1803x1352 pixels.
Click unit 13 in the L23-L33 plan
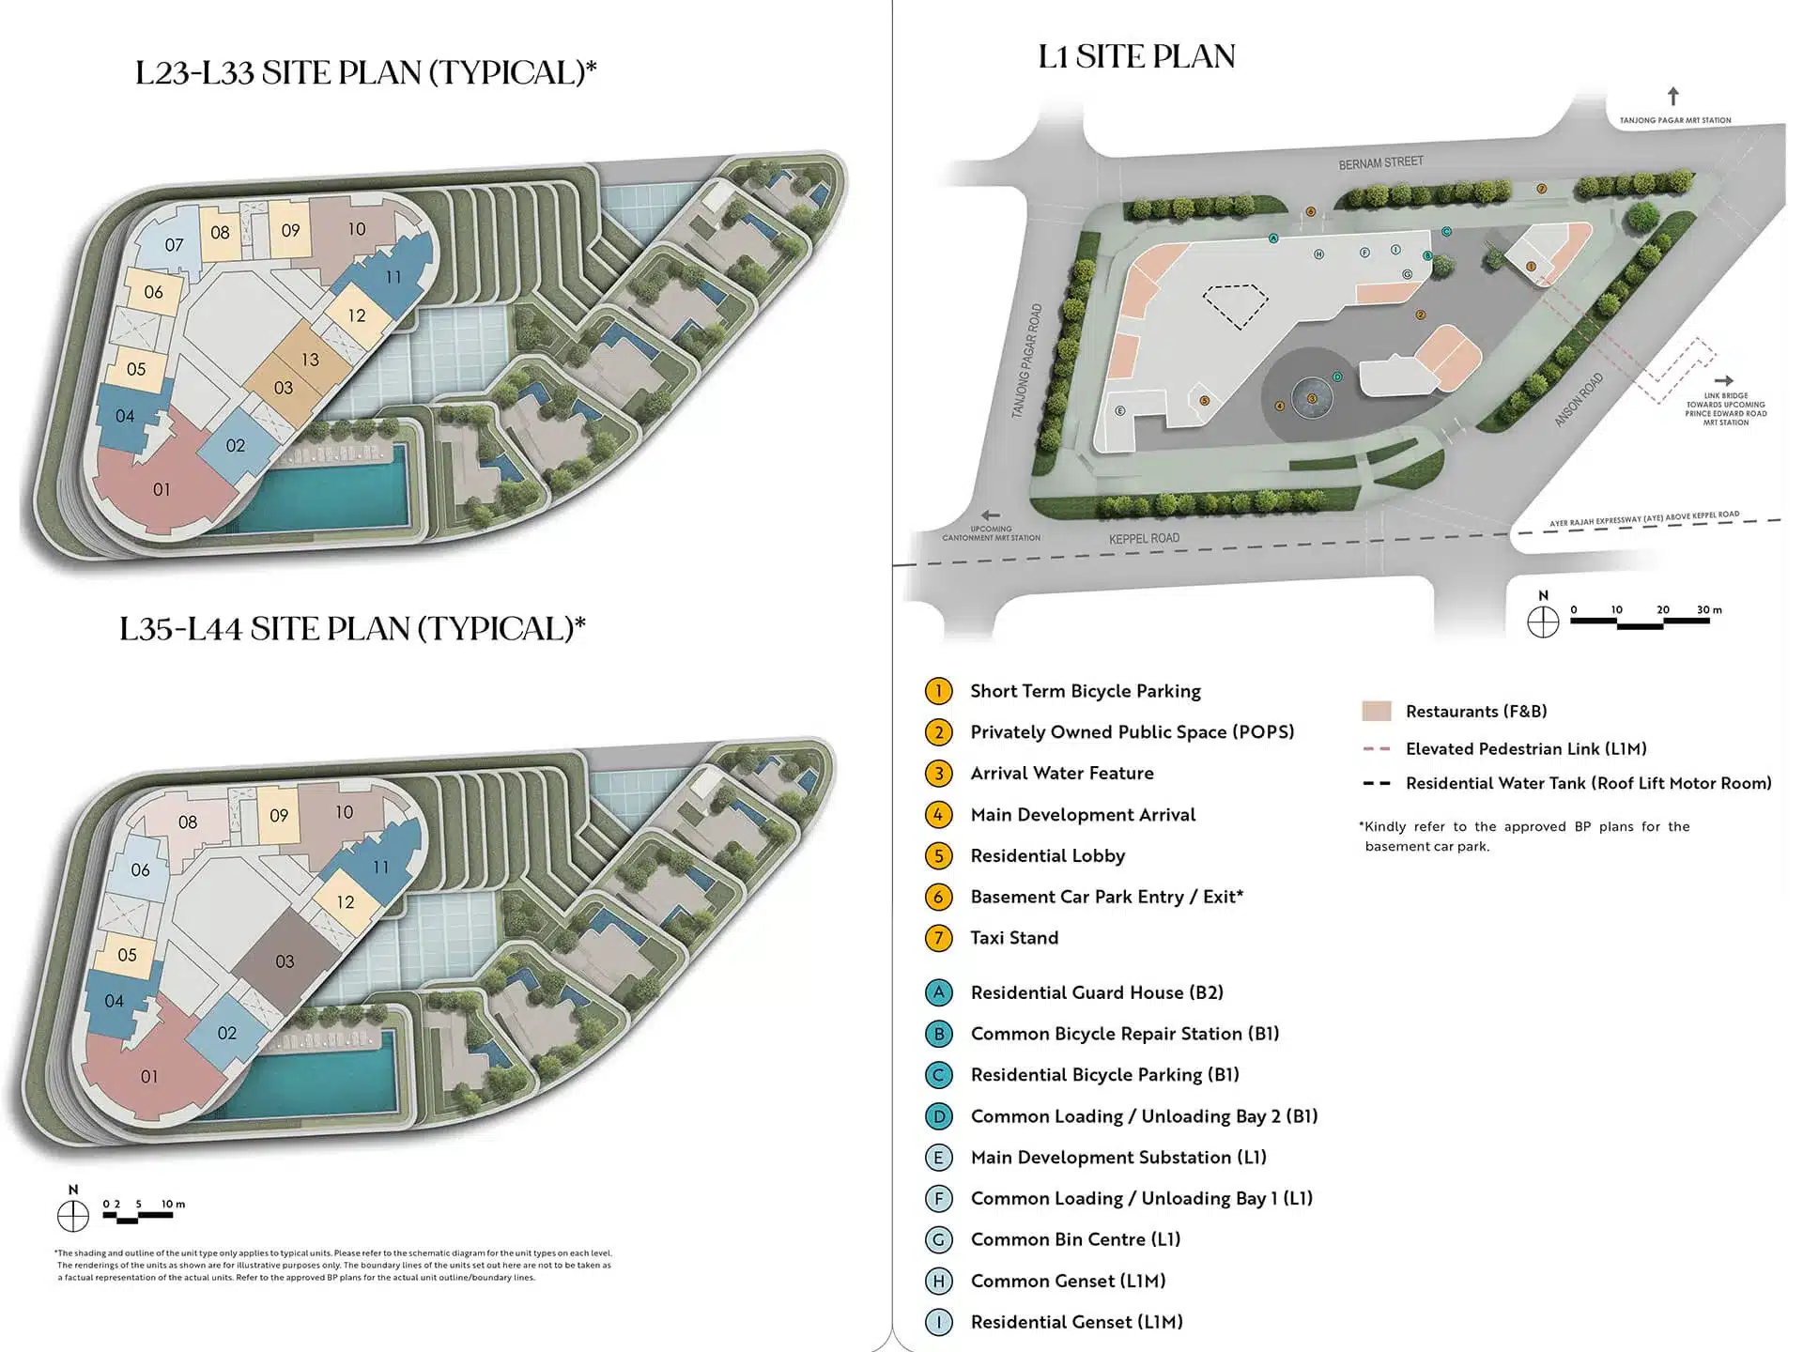click(310, 360)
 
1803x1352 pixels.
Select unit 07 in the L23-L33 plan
click(174, 245)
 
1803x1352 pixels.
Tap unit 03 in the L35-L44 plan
click(285, 961)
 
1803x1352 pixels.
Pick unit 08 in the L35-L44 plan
click(188, 822)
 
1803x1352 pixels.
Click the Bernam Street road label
click(1380, 163)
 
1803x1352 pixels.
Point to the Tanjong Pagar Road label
click(1027, 361)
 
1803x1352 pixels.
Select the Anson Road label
click(1579, 399)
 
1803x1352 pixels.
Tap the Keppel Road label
click(1144, 539)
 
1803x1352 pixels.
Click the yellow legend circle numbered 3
click(938, 774)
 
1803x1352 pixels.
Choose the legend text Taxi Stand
click(1014, 938)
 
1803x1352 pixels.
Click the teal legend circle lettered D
click(938, 1116)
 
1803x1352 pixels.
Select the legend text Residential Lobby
click(1047, 856)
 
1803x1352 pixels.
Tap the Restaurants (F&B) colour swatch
click(1376, 712)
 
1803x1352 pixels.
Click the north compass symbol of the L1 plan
click(1543, 622)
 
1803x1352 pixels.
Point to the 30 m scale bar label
click(1709, 610)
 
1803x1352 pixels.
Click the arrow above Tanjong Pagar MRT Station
click(1672, 97)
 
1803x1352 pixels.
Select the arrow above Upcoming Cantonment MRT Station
click(990, 515)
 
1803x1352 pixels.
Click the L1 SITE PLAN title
click(1136, 57)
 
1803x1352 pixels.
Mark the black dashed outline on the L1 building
click(1236, 305)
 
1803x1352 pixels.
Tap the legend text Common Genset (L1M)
click(1068, 1282)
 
